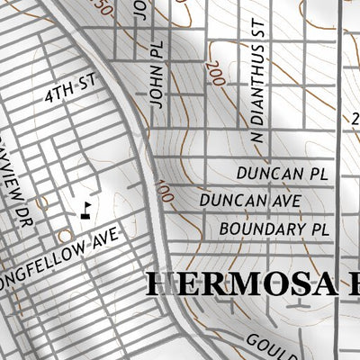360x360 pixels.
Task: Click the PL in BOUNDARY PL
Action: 319,229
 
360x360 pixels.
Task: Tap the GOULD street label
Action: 265,342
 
